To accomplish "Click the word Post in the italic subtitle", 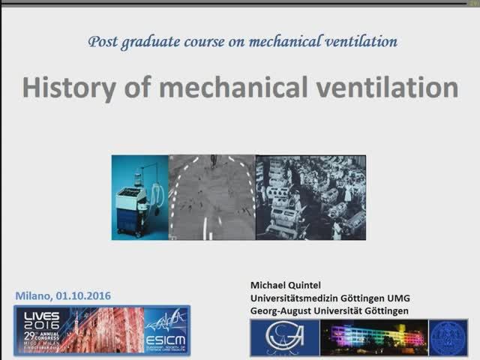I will pyautogui.click(x=103, y=40).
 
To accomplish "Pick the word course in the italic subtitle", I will pyautogui.click(x=204, y=40).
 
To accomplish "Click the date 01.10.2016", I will pyautogui.click(x=83, y=295).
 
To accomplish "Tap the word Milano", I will pyautogui.click(x=33, y=295).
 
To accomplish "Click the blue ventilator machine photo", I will pyautogui.click(x=140, y=196).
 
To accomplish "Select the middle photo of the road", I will pyautogui.click(x=212, y=196).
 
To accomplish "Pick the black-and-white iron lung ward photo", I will pyautogui.click(x=310, y=196).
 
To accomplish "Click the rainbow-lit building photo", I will pyautogui.click(x=373, y=337).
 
